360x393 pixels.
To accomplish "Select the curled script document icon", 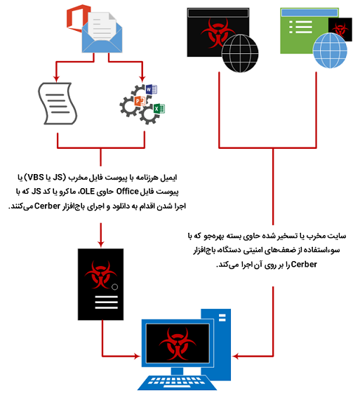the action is (x=58, y=104).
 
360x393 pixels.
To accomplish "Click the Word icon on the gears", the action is (x=151, y=89).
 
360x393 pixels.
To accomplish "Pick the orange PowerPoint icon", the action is (x=140, y=101).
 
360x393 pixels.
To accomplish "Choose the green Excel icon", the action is (x=159, y=109).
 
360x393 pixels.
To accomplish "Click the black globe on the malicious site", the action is (x=240, y=53).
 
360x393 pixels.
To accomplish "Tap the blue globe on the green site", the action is (x=330, y=51).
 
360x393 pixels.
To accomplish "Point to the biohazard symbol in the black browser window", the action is (x=218, y=33).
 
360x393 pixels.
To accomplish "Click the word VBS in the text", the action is (x=36, y=177).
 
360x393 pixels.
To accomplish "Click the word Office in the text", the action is (x=127, y=192).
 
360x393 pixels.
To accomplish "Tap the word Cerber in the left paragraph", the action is (x=48, y=206).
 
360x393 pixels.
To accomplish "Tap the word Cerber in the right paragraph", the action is (x=304, y=265).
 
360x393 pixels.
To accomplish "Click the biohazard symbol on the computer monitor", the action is (x=178, y=342).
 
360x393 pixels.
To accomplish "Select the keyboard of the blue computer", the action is (x=177, y=382).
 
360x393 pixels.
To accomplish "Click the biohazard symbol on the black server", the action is (x=100, y=274).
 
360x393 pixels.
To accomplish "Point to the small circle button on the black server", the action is (x=114, y=287).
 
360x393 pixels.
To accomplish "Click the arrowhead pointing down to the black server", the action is (x=101, y=244).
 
